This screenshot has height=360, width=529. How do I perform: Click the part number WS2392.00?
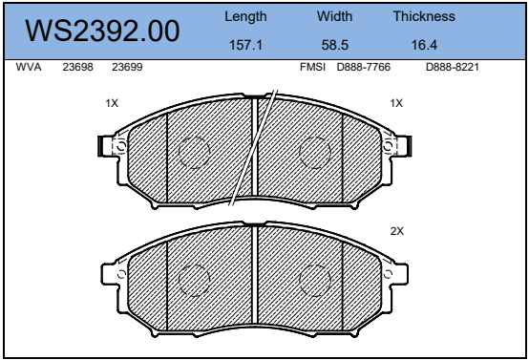coord(102,31)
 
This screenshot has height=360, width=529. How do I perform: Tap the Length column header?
coord(245,16)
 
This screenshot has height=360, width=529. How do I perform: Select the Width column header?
coord(334,16)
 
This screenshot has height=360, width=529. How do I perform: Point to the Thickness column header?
coord(424,16)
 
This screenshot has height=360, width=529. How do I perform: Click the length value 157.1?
coord(245,45)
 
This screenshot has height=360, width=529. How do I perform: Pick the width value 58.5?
coord(334,45)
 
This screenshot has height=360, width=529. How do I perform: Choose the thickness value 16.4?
coord(424,45)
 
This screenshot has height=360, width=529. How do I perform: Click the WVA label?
coord(29,67)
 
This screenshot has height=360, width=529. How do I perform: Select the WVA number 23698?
coord(77,67)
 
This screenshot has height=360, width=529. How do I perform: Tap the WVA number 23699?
coord(127,67)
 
